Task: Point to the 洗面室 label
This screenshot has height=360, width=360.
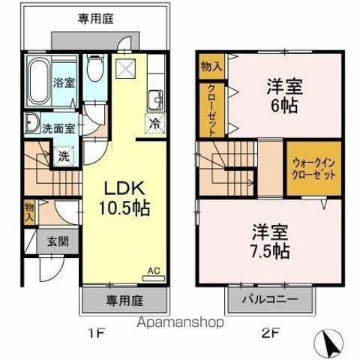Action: click(57, 127)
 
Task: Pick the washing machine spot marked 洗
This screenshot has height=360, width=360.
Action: click(64, 157)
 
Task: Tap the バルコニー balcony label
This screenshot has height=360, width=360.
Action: click(270, 300)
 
